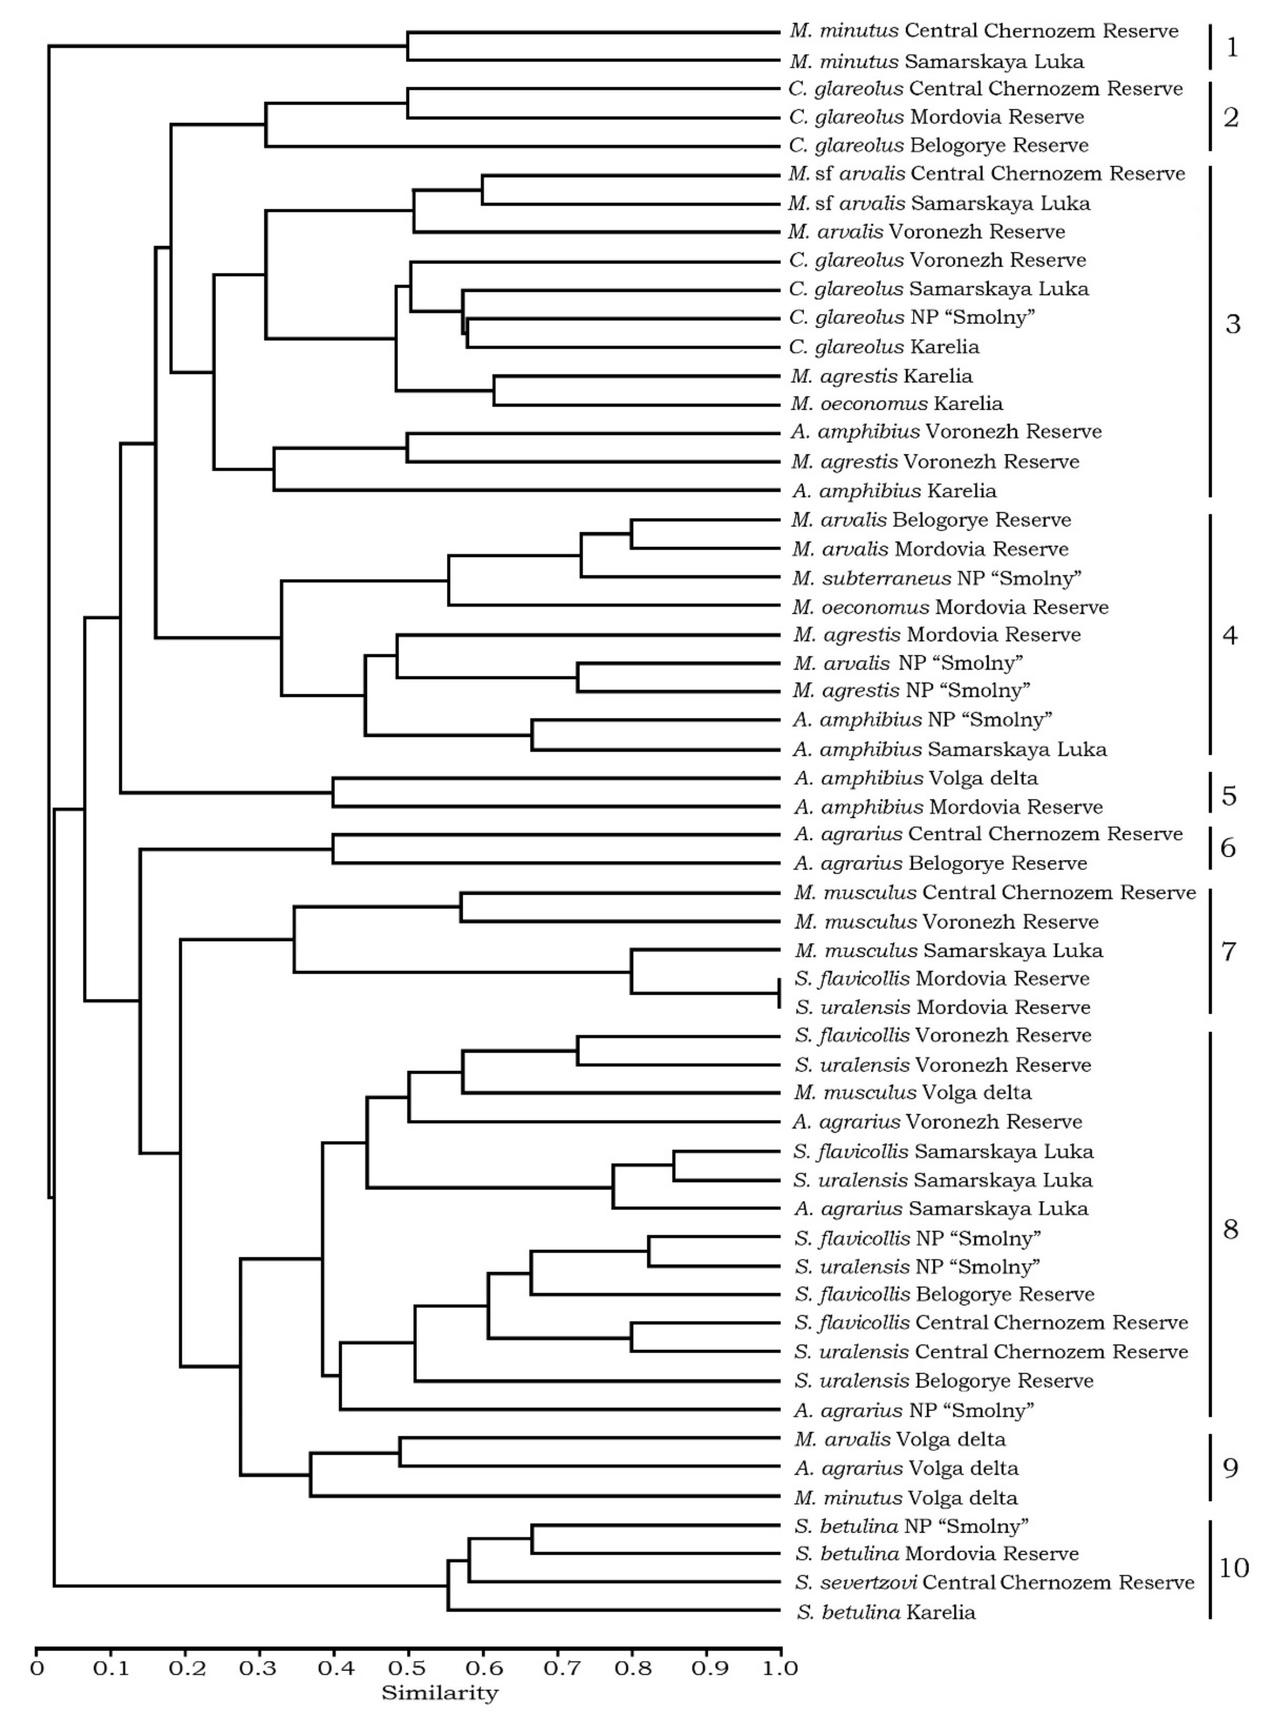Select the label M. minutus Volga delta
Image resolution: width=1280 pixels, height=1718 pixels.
point(905,1497)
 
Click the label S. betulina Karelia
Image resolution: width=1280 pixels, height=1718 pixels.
point(885,1612)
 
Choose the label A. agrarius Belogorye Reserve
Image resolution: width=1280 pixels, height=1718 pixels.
point(940,863)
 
